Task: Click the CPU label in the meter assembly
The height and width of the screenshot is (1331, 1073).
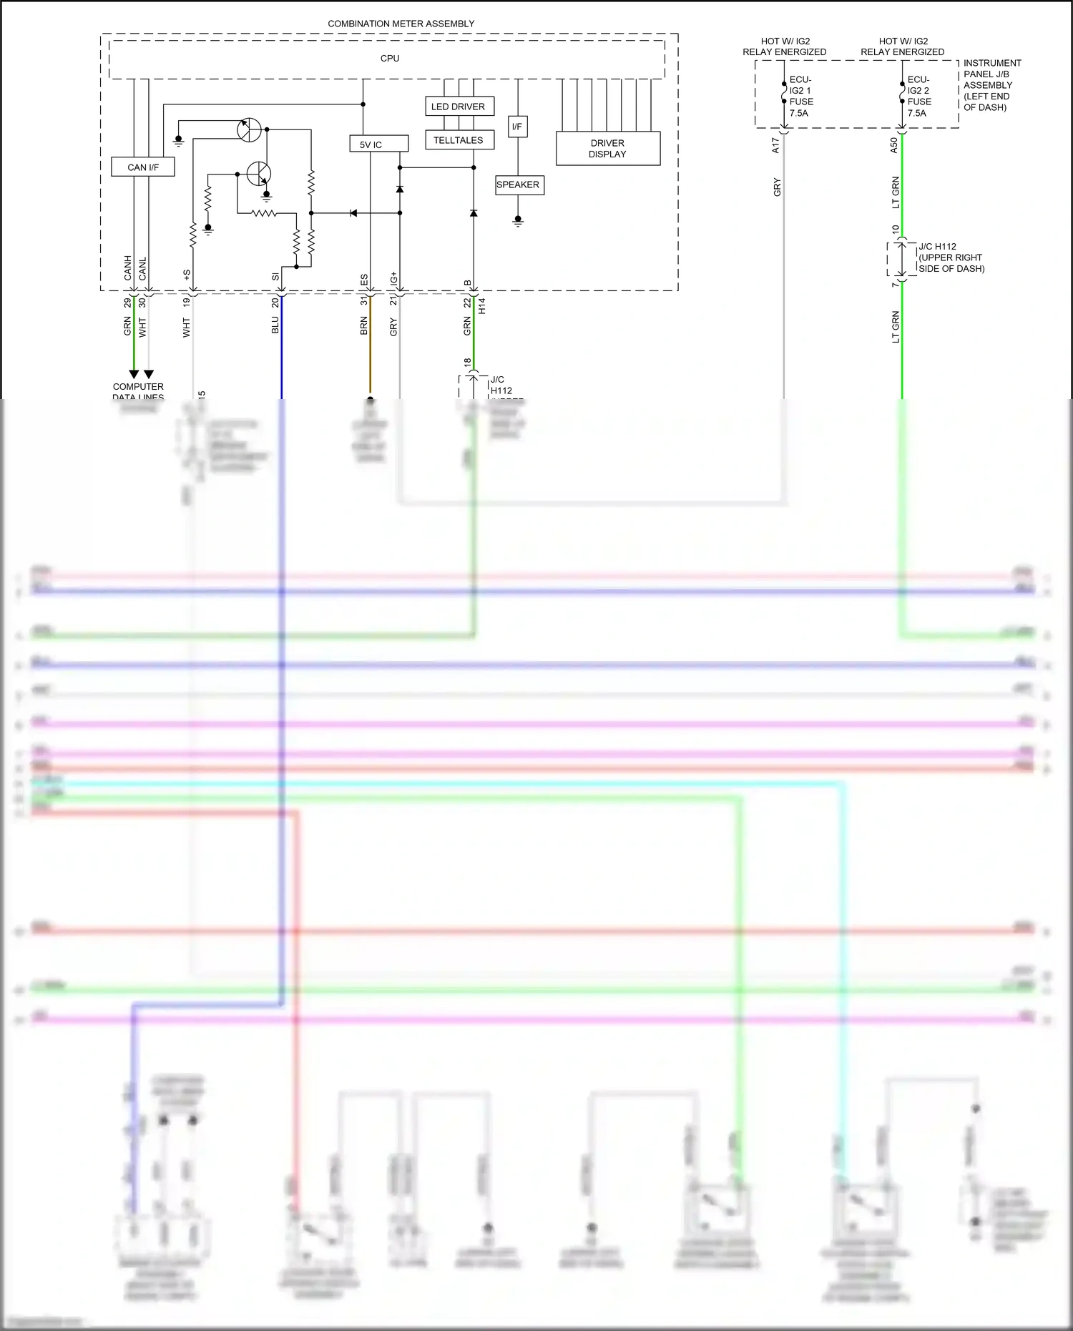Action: click(x=390, y=59)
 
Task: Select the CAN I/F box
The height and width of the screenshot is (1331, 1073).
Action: click(x=143, y=167)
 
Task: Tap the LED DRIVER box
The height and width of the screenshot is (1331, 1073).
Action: click(x=458, y=107)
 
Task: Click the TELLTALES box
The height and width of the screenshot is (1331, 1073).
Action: click(x=458, y=140)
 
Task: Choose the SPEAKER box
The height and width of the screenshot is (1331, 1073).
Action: click(x=519, y=185)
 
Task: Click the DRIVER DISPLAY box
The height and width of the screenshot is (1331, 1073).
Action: click(x=607, y=149)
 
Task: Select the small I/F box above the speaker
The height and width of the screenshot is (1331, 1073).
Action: click(x=517, y=127)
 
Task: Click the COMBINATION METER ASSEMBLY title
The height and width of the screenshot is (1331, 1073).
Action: click(x=401, y=24)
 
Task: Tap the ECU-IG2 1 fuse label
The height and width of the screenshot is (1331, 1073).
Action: click(x=800, y=97)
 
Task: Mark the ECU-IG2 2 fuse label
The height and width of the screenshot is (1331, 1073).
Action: click(x=918, y=97)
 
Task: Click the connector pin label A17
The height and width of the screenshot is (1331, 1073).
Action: click(x=776, y=146)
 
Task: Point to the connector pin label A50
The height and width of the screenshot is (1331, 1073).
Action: click(x=894, y=146)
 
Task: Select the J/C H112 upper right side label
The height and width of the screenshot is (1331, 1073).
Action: click(x=951, y=257)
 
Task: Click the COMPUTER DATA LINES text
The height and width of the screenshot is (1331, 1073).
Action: click(x=138, y=391)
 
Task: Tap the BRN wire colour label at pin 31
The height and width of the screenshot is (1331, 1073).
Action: click(x=364, y=326)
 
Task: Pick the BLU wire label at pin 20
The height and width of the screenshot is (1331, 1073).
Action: click(x=275, y=325)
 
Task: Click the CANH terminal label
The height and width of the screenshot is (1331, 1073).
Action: click(x=128, y=268)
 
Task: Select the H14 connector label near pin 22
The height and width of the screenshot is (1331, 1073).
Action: click(x=482, y=306)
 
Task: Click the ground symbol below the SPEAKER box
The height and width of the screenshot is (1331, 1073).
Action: click(x=518, y=221)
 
